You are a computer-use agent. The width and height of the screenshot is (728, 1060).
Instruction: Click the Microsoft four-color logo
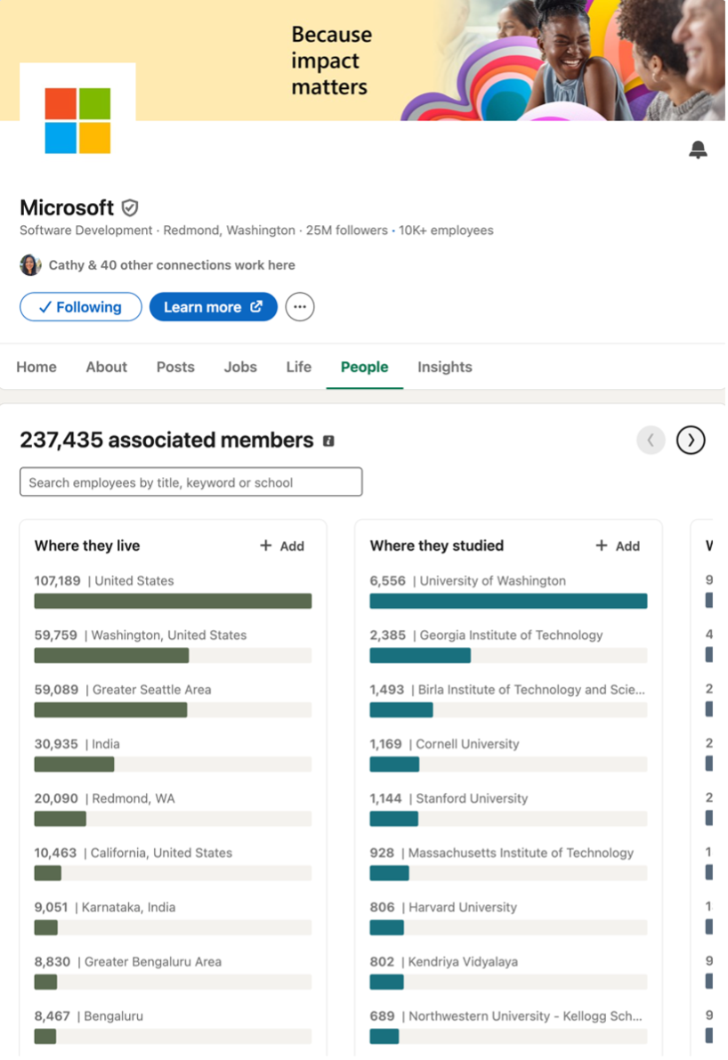click(x=77, y=120)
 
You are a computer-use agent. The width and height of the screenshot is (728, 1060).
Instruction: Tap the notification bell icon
click(x=698, y=150)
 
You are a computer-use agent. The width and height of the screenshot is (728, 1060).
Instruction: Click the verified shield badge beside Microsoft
click(x=130, y=208)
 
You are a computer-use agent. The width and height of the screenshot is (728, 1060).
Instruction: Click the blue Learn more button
click(x=213, y=307)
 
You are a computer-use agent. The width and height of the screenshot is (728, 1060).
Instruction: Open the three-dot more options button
click(x=300, y=307)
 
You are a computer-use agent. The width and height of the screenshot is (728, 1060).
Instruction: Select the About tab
click(x=106, y=367)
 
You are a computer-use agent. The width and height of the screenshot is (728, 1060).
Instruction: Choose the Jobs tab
click(x=240, y=367)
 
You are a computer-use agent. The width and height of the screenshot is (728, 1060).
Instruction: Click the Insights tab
click(x=444, y=367)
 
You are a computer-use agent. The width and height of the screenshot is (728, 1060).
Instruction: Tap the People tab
click(x=364, y=367)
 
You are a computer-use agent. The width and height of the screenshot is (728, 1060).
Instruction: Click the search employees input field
click(x=190, y=482)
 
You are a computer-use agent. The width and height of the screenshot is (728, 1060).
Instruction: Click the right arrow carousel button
click(x=691, y=440)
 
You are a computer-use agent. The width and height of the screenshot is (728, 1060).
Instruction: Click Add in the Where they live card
click(x=282, y=546)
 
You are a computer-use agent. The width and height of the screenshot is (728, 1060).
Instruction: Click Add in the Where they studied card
click(x=618, y=546)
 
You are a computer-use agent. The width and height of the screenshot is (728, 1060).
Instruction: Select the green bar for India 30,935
click(x=74, y=764)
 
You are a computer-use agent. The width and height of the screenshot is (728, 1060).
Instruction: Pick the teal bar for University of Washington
click(x=508, y=601)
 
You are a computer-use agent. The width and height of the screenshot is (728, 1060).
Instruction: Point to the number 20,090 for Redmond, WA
click(x=56, y=798)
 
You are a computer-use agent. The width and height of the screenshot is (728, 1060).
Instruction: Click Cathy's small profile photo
click(x=30, y=265)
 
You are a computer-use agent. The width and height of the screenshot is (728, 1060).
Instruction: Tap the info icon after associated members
click(x=328, y=441)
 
